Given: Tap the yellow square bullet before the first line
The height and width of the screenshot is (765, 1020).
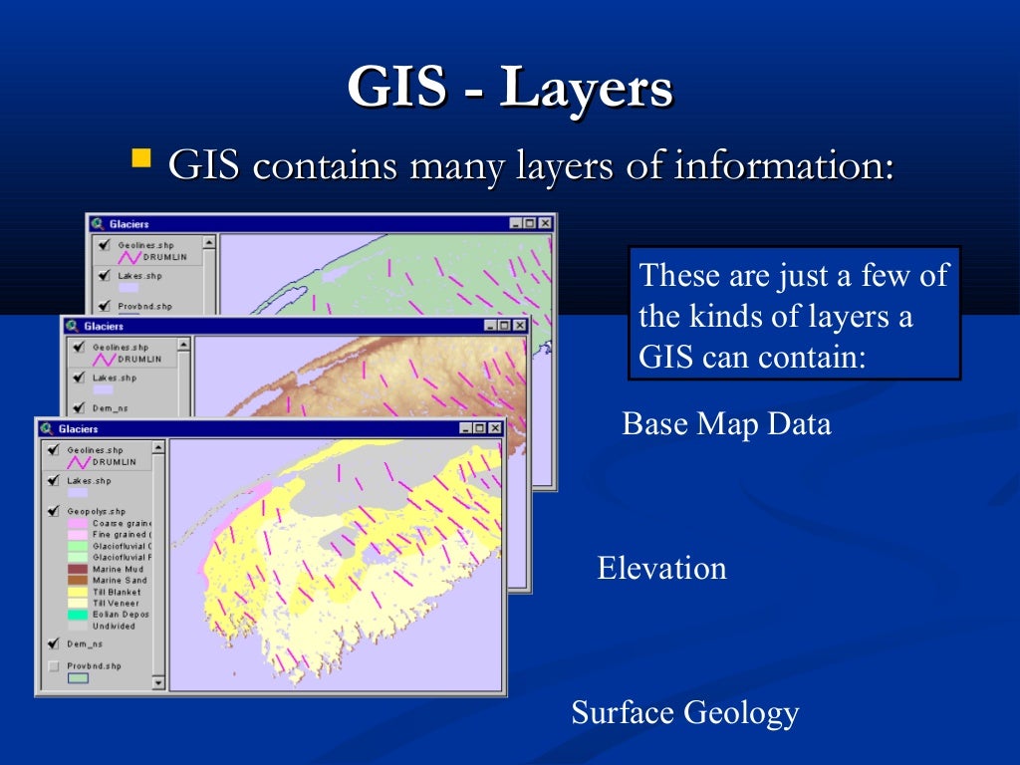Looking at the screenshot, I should (142, 157).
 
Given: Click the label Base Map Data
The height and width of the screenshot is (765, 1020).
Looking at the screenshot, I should (726, 424).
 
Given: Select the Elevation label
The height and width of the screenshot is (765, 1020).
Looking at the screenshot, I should (661, 569).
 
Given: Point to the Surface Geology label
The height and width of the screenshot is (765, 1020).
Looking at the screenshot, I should (684, 713).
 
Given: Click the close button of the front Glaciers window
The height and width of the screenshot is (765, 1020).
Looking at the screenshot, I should (495, 428).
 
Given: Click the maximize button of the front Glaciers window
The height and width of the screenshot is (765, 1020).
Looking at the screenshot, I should (480, 428).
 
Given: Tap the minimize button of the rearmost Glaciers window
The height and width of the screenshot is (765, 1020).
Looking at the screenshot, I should (515, 224).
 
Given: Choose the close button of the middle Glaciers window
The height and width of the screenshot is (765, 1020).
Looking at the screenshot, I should (520, 326).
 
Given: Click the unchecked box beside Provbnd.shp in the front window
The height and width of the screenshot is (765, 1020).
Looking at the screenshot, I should (54, 666).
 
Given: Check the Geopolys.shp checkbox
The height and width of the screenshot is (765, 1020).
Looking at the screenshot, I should (54, 511).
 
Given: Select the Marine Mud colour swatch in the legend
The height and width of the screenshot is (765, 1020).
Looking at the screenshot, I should (77, 569).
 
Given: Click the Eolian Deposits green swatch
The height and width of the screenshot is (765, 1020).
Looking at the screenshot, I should (77, 615).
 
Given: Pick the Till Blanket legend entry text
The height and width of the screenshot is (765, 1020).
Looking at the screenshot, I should (116, 592).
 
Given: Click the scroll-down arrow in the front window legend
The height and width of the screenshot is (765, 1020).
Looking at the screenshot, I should (157, 683).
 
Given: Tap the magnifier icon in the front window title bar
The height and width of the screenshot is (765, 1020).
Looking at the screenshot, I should (46, 428).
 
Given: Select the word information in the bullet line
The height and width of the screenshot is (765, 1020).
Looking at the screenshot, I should (784, 165).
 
